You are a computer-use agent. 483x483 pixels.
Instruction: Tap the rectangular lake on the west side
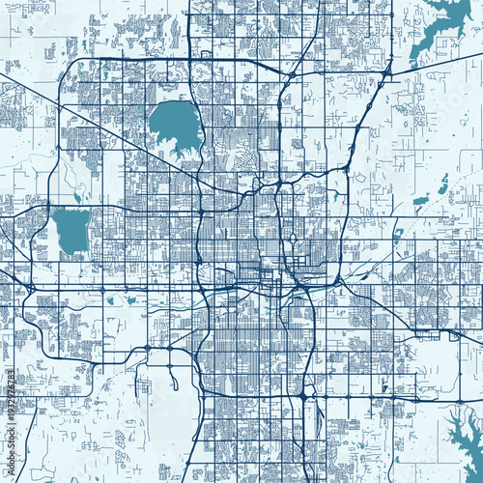click(70, 228)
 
